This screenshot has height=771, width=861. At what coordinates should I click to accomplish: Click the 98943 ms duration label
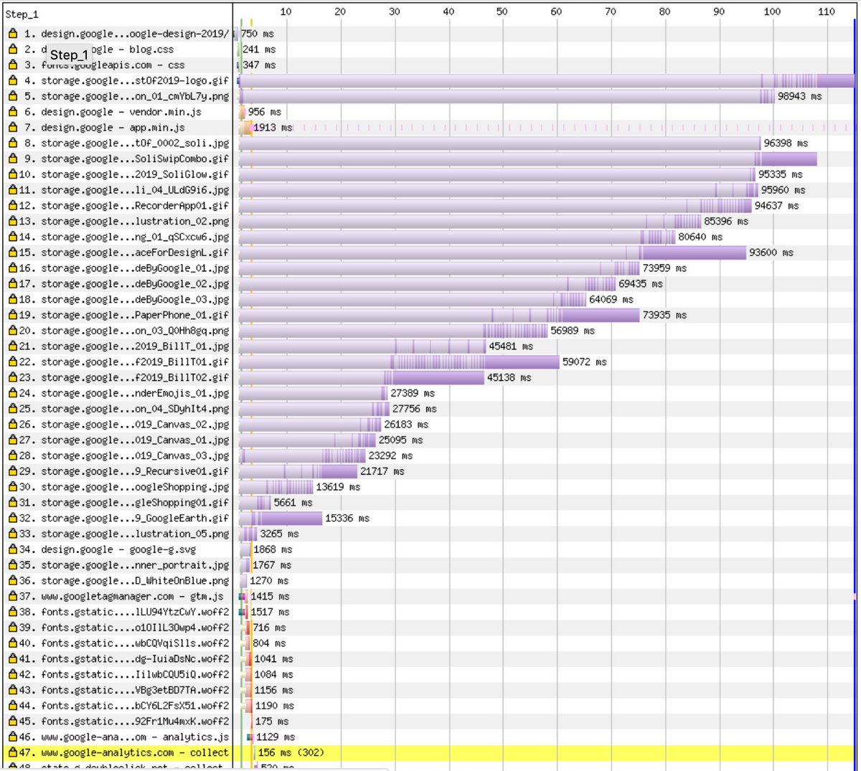click(799, 96)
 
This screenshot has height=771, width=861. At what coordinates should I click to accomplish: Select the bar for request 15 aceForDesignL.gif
click(492, 252)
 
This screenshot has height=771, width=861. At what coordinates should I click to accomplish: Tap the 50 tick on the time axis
click(502, 11)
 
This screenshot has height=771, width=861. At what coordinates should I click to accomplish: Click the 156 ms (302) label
click(291, 752)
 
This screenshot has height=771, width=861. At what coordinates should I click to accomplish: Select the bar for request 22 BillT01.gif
click(399, 362)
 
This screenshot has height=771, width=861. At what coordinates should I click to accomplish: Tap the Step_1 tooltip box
click(69, 55)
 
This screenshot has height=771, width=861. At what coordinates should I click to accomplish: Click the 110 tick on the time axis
click(827, 11)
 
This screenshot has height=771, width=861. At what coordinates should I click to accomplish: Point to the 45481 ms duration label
click(511, 346)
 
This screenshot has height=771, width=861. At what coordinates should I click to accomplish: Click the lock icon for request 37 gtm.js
click(12, 596)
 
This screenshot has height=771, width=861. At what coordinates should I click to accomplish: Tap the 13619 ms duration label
click(338, 487)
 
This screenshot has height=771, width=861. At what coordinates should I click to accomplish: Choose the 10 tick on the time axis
click(286, 11)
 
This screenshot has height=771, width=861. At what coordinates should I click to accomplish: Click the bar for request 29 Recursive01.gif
click(298, 471)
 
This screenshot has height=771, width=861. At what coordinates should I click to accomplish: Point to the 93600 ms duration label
click(771, 252)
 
